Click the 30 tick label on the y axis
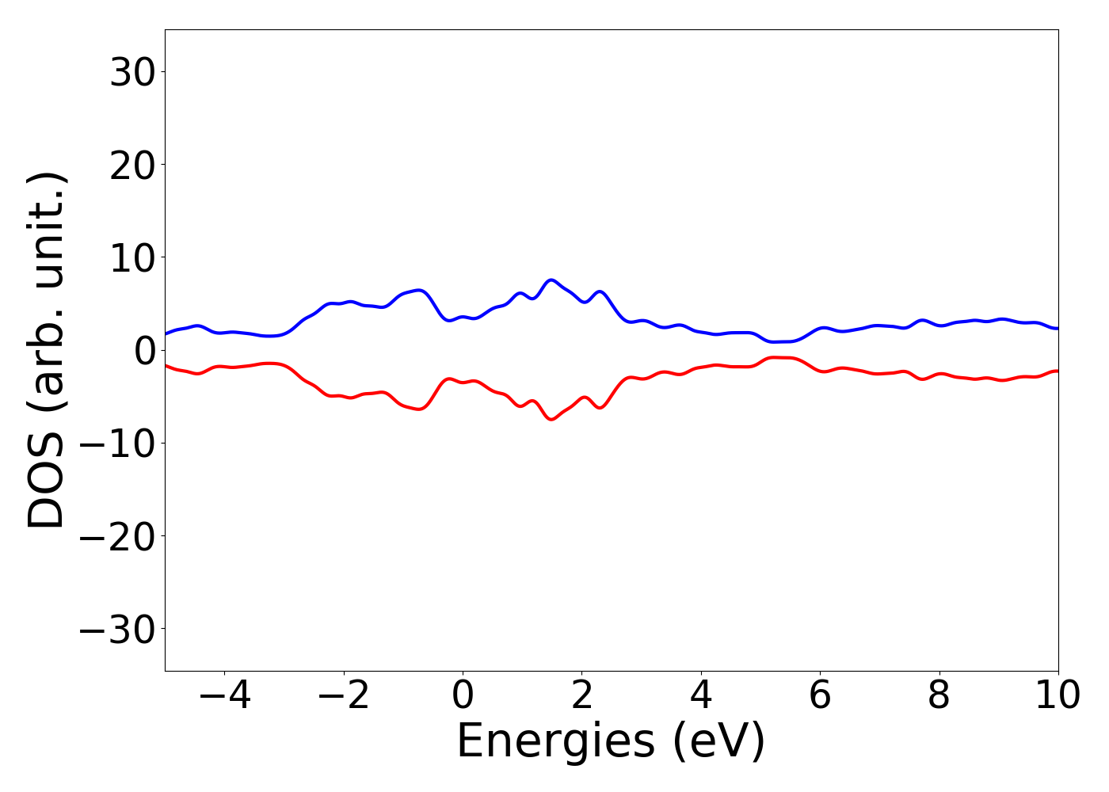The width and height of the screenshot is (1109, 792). (131, 73)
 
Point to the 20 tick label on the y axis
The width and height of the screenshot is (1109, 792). (131, 166)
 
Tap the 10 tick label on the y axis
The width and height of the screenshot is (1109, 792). (131, 258)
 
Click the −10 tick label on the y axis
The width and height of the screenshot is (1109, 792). (116, 444)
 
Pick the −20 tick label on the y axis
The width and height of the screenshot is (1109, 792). (116, 536)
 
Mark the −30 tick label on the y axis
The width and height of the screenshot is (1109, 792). (116, 629)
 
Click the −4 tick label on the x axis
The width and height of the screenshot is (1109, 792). (224, 695)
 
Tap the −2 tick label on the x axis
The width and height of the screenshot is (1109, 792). (344, 695)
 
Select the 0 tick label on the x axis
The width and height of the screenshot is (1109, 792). (463, 695)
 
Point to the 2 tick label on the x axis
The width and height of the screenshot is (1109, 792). (582, 695)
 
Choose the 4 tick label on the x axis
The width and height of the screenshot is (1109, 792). (701, 695)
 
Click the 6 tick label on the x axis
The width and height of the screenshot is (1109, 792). (820, 695)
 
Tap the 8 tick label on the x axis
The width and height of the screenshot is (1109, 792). (939, 695)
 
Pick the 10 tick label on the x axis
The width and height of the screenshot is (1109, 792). (1058, 695)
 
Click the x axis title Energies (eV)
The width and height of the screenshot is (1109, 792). (611, 742)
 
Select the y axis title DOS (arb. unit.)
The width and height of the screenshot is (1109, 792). (48, 350)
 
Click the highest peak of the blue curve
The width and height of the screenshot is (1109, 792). (551, 280)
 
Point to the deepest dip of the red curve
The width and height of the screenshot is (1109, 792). (551, 419)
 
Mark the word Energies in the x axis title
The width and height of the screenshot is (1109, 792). (555, 742)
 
